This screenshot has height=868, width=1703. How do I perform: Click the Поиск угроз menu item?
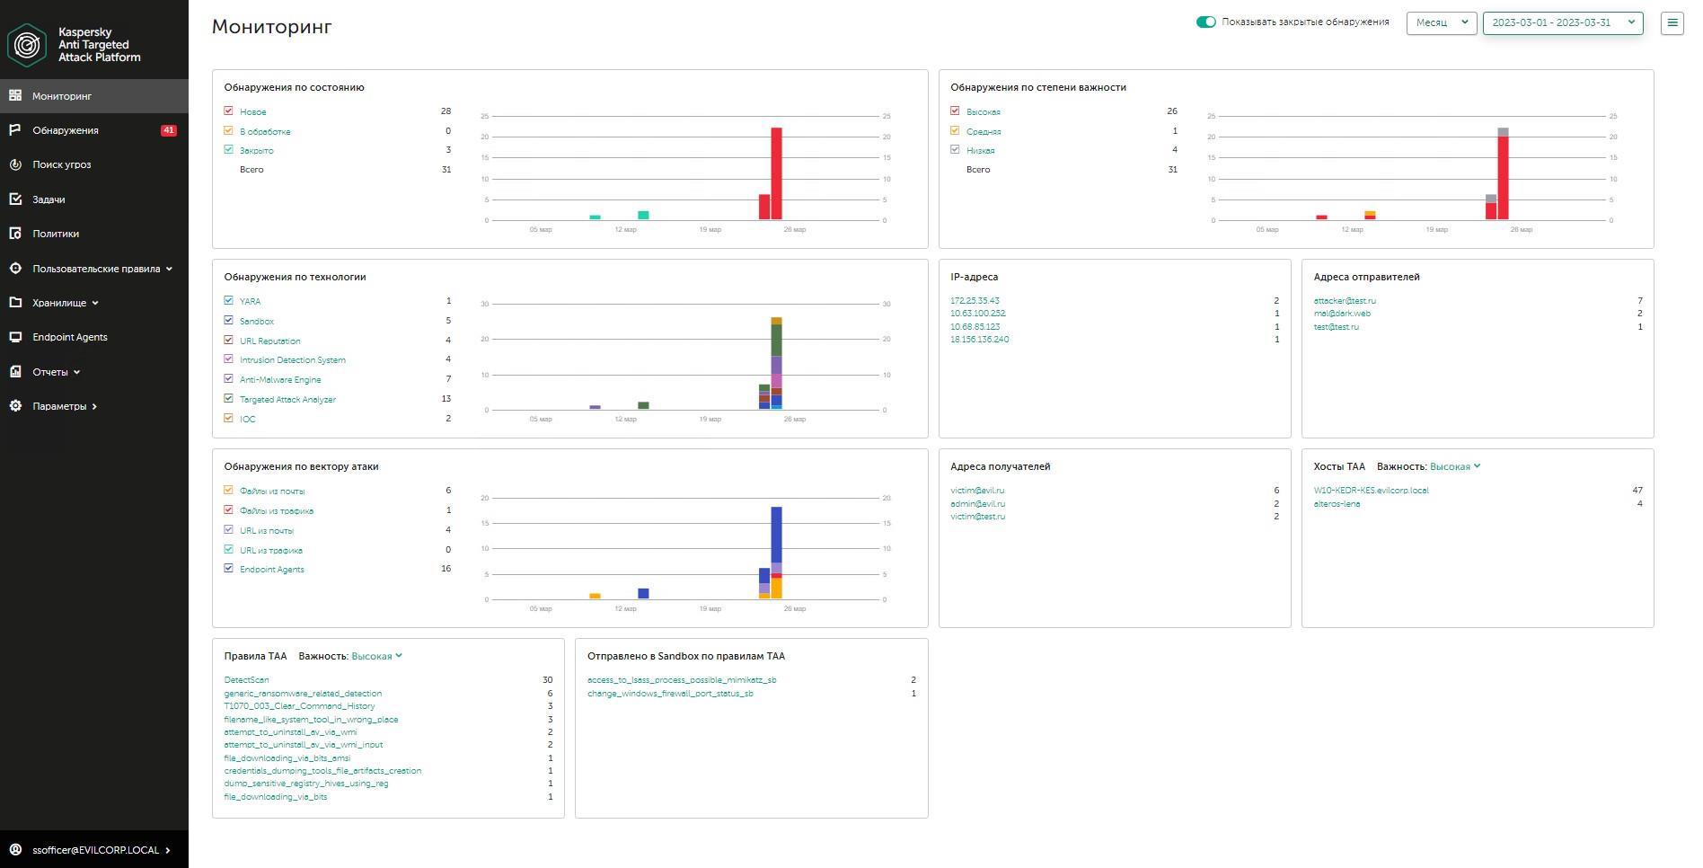coord(61,164)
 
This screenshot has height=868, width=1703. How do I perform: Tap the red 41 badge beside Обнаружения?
coord(168,130)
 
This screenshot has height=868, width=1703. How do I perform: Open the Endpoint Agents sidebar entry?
coord(69,337)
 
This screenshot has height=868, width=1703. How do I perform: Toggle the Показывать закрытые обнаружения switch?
coord(1205,22)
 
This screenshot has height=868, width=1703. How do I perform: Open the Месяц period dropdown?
coord(1441,22)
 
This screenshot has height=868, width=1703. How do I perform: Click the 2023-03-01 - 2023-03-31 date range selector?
coord(1562,22)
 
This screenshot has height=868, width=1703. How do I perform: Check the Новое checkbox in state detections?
coord(228,111)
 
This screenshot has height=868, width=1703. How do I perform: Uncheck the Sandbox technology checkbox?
coord(228,321)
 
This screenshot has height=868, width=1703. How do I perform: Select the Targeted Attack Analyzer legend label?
coord(287,400)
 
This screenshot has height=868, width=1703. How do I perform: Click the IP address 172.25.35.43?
coord(975,301)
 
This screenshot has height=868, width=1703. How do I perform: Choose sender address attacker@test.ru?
coord(1344,301)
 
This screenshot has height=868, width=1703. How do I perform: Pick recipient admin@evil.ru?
coord(977,504)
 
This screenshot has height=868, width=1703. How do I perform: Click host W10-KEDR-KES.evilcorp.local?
coord(1371,491)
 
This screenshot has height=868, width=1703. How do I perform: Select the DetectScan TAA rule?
coord(246,680)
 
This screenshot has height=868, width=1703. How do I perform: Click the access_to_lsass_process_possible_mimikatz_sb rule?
coord(681,680)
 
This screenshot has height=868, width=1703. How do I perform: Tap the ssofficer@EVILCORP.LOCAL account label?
coord(95,850)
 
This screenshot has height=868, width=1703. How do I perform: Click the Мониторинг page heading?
coord(271,27)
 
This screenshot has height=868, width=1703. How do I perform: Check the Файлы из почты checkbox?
coord(228,491)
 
